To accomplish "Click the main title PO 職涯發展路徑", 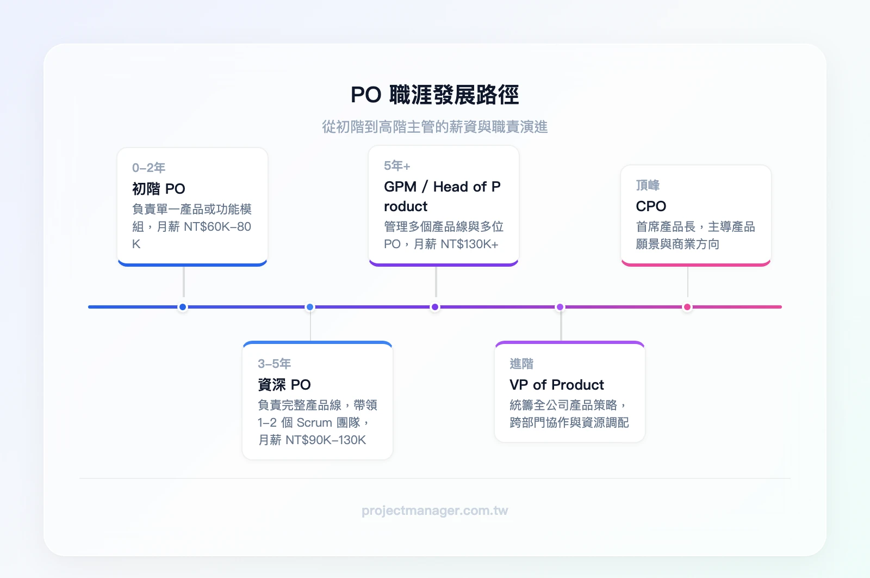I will (434, 95).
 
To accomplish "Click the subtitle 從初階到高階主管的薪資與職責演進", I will (434, 127).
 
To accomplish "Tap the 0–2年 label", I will (148, 168).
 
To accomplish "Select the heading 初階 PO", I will (158, 189).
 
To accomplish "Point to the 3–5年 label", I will (274, 364).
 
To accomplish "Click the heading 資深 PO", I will (284, 385).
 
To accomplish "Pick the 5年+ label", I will (397, 165).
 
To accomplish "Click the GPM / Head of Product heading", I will (442, 196).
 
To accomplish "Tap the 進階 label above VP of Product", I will (521, 364).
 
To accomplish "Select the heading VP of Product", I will (556, 385).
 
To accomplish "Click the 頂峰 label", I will (647, 185).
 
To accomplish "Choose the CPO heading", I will (650, 206).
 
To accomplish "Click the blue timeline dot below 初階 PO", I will (183, 307).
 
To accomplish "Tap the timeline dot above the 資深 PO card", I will (310, 307).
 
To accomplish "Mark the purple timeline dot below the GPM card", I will (435, 307).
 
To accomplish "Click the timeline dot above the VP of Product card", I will (560, 307).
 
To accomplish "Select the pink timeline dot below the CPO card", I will (687, 307).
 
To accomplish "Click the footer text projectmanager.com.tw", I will (434, 511).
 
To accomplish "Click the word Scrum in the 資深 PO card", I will (314, 422).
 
